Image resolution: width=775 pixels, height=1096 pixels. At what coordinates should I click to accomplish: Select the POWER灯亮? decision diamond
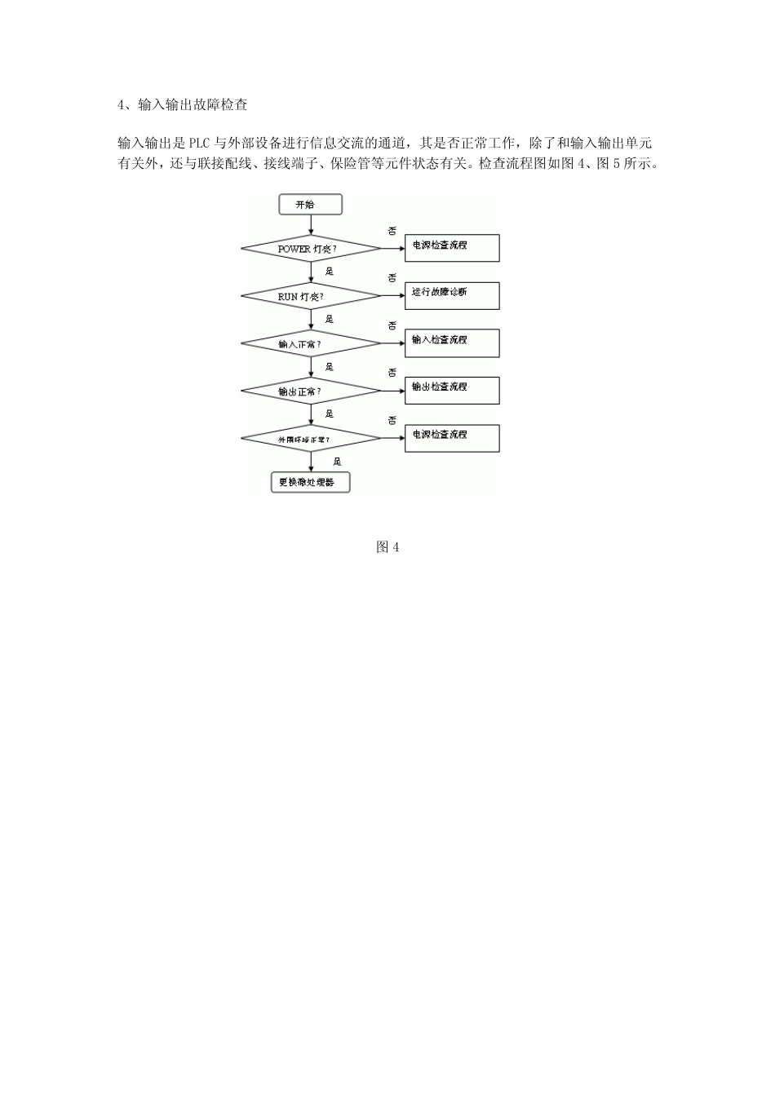pos(310,248)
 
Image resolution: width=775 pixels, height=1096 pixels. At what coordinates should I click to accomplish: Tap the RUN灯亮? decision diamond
pos(310,296)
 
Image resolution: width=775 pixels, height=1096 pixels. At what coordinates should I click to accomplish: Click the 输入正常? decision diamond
pos(310,343)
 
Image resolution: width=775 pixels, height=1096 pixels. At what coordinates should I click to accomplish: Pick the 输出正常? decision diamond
pos(310,391)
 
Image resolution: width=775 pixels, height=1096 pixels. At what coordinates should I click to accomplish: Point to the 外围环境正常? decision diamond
pos(310,439)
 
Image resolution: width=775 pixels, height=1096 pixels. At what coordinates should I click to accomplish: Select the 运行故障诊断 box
pos(452,296)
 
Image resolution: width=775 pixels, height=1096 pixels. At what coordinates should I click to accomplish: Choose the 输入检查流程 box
pos(452,343)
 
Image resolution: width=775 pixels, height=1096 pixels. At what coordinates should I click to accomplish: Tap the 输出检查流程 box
pos(452,391)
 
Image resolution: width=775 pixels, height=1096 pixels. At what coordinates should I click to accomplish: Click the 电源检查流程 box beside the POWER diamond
pos(452,249)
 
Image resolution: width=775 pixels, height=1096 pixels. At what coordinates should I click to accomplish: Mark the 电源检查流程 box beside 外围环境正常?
pos(452,439)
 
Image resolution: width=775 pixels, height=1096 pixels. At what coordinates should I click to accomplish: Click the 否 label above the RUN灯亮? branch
pos(392,279)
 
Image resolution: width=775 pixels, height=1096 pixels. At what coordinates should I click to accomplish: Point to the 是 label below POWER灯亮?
pos(330,272)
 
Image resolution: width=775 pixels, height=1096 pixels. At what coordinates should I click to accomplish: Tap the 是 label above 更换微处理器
pos(337,462)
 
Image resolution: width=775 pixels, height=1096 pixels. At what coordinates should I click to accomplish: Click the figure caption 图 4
pos(387,547)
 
